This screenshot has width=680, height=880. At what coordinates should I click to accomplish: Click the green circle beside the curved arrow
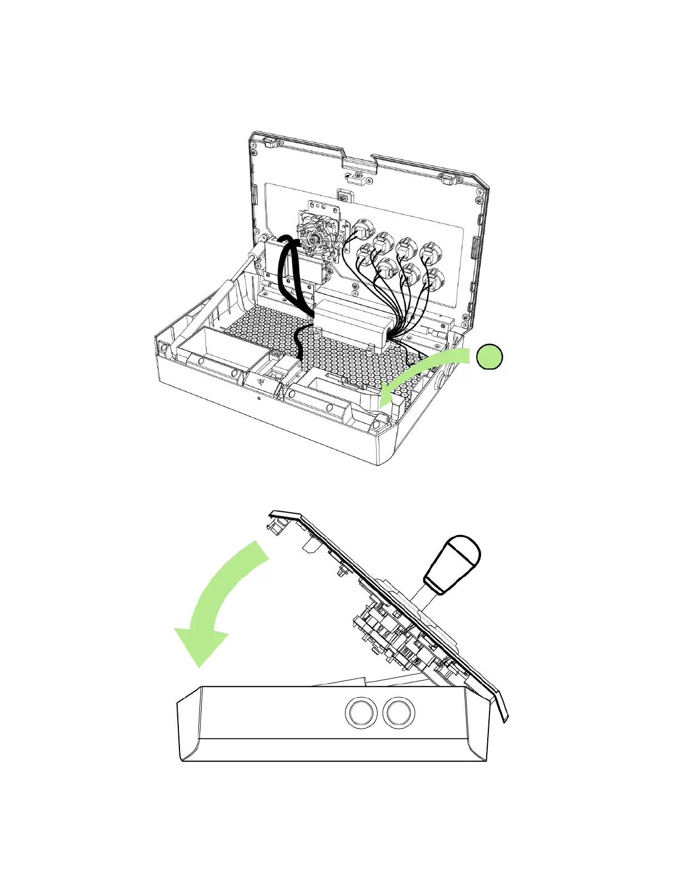pyautogui.click(x=489, y=357)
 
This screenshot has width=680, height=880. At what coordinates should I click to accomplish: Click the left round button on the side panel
pyautogui.click(x=361, y=712)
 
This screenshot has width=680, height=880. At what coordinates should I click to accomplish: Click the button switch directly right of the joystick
pyautogui.click(x=362, y=228)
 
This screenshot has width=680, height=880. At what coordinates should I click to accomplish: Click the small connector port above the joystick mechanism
pyautogui.click(x=344, y=197)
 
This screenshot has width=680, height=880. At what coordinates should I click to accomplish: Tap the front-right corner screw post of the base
pyautogui.click(x=378, y=425)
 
